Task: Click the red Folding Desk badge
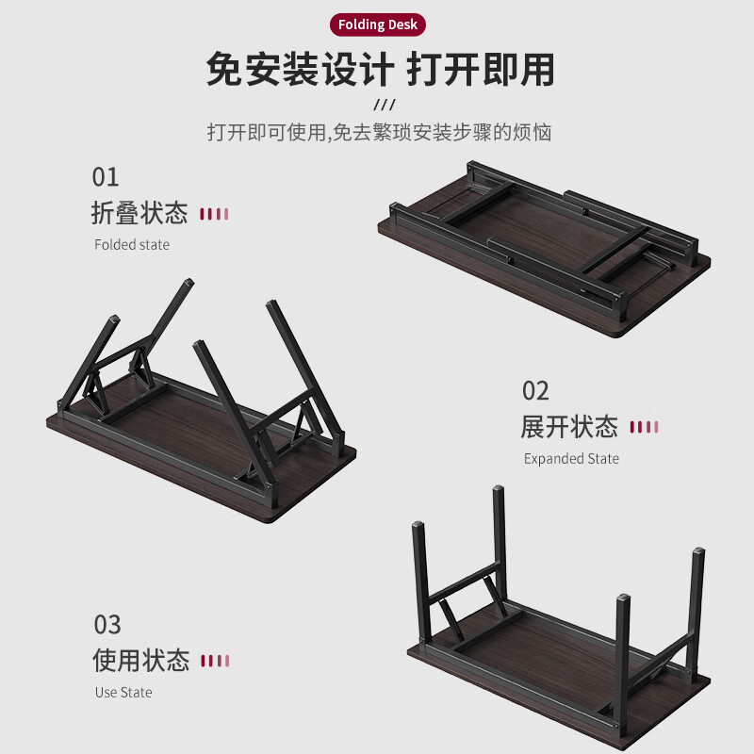point(378,25)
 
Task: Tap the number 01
point(106,177)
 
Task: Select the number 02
point(535,391)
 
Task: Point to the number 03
point(107,625)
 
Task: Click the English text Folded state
point(132,244)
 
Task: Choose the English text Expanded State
point(571,458)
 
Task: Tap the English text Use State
point(123,692)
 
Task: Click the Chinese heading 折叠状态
point(139,213)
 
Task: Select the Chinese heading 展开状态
point(569,427)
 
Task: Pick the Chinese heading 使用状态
point(140,660)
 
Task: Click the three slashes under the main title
point(385,105)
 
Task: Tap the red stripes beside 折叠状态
point(214,214)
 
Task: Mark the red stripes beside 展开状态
point(645,427)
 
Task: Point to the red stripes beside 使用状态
point(215,661)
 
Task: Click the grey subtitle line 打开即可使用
point(379,132)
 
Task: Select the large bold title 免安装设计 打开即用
point(381,69)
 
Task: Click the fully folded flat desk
point(545,249)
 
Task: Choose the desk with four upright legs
point(558,618)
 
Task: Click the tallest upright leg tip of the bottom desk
point(499,487)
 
